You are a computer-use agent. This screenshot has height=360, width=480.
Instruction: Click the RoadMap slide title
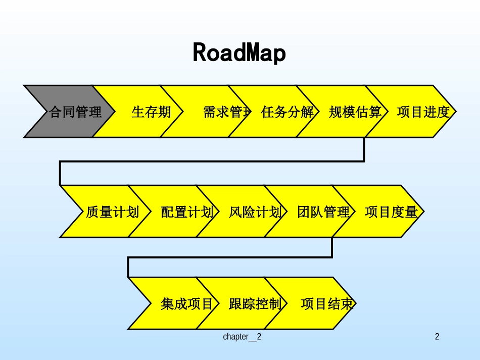(239, 53)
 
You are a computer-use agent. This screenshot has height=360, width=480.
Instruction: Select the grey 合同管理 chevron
(71, 112)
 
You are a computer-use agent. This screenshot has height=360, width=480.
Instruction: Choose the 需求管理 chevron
(222, 112)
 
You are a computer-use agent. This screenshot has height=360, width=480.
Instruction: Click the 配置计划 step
(184, 212)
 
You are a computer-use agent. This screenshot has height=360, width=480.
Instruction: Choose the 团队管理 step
(323, 212)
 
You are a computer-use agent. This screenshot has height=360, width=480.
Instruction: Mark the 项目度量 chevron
(391, 212)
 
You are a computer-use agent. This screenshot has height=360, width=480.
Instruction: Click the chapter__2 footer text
(242, 337)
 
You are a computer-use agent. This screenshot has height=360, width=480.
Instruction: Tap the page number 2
(437, 337)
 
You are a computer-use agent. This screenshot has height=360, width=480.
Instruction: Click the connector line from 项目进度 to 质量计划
(212, 162)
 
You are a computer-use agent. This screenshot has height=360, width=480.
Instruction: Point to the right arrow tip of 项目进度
(454, 112)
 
